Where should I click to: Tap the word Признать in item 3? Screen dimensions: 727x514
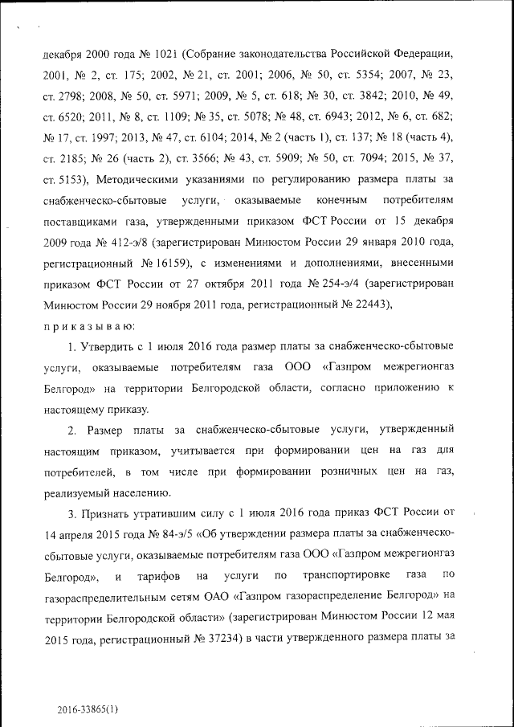pyautogui.click(x=106, y=513)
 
